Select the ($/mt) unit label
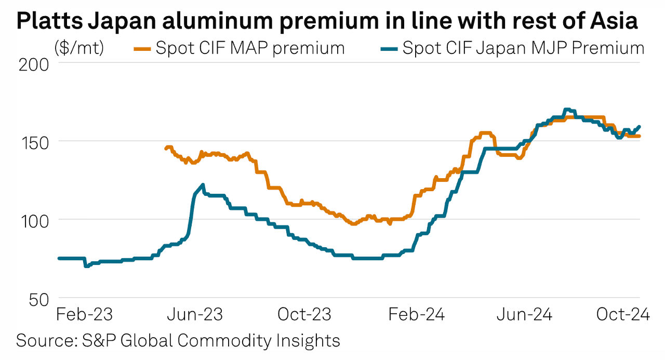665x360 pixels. tap(79, 48)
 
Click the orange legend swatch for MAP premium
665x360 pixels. tap(142, 49)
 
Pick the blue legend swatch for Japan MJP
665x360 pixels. tap(389, 49)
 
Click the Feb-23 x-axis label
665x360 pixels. tap(85, 315)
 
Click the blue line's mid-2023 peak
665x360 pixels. tap(202, 185)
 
